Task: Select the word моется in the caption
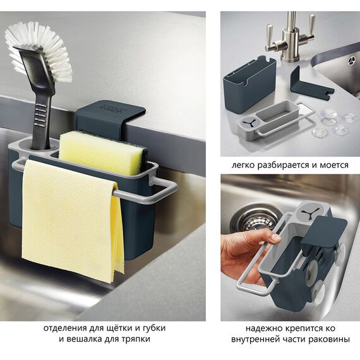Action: point(334,165)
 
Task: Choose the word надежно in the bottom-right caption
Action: point(263,328)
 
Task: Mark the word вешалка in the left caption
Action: point(84,339)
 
